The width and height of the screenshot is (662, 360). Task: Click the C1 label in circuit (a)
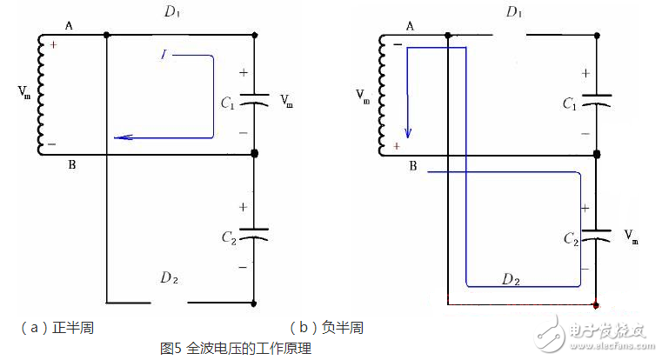pos(228,103)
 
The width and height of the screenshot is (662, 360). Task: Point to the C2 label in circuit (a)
pos(228,237)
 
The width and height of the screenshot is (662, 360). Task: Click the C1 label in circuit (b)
pos(570,103)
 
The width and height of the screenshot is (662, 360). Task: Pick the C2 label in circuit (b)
pos(570,237)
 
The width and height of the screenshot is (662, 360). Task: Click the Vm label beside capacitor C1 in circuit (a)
pos(287,103)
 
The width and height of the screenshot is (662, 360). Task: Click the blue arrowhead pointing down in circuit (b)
pos(407,134)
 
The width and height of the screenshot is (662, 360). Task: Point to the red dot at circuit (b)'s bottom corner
pos(596,305)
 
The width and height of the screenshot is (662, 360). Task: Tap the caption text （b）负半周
pos(326,328)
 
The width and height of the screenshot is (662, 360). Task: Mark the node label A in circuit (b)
pos(408,26)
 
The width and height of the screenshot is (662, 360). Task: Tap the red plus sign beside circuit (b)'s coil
pos(396,145)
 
